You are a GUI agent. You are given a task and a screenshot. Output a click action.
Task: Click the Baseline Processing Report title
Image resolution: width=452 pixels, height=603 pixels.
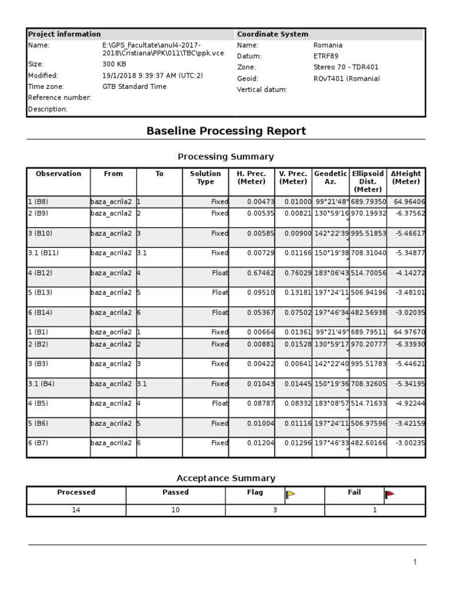226,131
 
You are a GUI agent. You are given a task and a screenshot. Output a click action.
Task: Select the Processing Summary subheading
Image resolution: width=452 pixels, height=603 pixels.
226,157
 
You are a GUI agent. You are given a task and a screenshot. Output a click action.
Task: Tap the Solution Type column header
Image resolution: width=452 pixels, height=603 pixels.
205,178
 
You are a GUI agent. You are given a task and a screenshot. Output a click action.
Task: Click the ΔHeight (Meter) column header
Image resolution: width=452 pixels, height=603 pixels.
406,178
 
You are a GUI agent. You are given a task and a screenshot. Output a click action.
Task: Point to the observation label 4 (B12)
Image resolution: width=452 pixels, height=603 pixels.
41,273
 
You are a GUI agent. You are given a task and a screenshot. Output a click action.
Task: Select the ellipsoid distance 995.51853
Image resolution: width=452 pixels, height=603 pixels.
368,233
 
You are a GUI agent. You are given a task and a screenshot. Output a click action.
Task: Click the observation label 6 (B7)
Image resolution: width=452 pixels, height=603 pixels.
39,443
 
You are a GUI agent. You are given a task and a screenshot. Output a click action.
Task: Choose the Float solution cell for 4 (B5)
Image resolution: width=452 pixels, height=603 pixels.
220,403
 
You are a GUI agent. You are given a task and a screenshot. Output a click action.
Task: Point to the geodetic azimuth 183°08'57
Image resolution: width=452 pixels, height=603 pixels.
331,403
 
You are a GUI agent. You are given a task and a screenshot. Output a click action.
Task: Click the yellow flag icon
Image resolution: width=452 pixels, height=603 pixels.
290,495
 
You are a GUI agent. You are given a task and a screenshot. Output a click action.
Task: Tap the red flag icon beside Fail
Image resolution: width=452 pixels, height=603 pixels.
390,495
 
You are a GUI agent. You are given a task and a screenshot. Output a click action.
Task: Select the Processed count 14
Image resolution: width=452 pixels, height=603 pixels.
76,510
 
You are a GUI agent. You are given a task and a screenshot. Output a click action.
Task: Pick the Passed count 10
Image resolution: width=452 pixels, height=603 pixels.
175,510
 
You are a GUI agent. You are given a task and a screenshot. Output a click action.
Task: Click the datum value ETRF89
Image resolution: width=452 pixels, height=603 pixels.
326,56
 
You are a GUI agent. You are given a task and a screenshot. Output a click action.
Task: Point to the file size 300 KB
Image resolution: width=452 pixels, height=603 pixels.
114,64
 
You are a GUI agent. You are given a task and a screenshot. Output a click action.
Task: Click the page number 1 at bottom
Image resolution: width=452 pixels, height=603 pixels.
415,562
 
